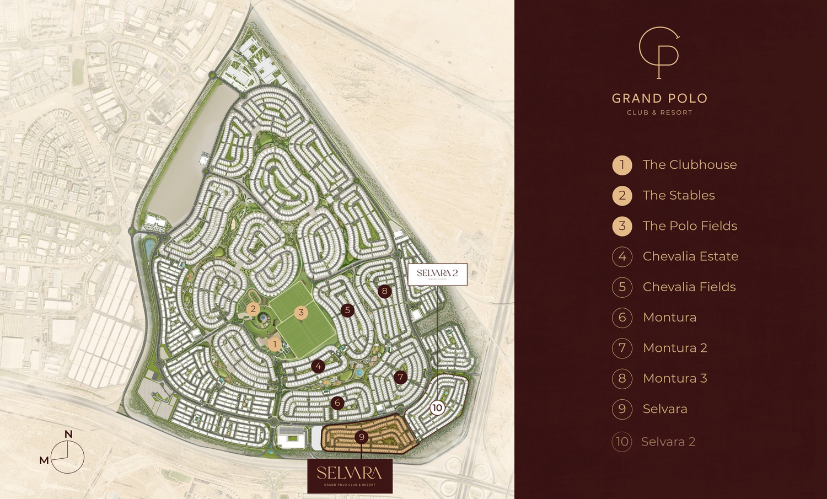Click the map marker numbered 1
pyautogui.click(x=274, y=345)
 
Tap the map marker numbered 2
pyautogui.click(x=253, y=309)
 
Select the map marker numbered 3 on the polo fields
pyautogui.click(x=300, y=313)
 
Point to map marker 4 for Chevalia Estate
pyautogui.click(x=318, y=366)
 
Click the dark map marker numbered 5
pyautogui.click(x=347, y=310)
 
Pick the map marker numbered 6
pyautogui.click(x=338, y=403)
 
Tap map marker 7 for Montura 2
pyautogui.click(x=401, y=378)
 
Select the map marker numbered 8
pyautogui.click(x=385, y=291)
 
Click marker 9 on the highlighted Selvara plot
pyautogui.click(x=361, y=437)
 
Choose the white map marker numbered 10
pyautogui.click(x=437, y=408)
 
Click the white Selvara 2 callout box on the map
pyautogui.click(x=438, y=275)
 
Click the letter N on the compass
pyautogui.click(x=68, y=434)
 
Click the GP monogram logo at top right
pyautogui.click(x=659, y=53)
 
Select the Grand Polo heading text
pyautogui.click(x=659, y=99)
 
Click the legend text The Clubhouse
pyautogui.click(x=689, y=165)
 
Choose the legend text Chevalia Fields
pyautogui.click(x=689, y=287)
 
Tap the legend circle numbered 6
pyautogui.click(x=622, y=318)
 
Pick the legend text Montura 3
pyautogui.click(x=675, y=378)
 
